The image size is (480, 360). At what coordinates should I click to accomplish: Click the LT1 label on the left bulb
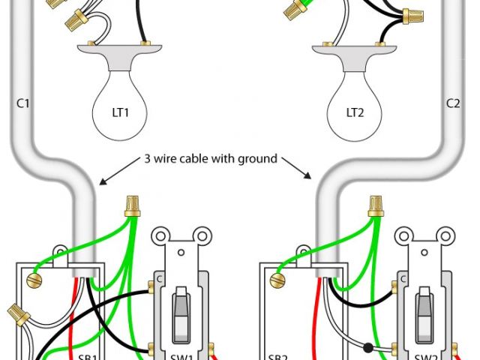[121, 113]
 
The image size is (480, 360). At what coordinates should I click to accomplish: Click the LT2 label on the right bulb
[355, 113]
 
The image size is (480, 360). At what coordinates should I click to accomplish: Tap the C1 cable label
[22, 102]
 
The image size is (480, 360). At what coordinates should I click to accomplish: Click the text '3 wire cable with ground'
[211, 159]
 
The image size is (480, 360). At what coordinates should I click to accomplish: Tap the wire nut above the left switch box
[134, 205]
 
